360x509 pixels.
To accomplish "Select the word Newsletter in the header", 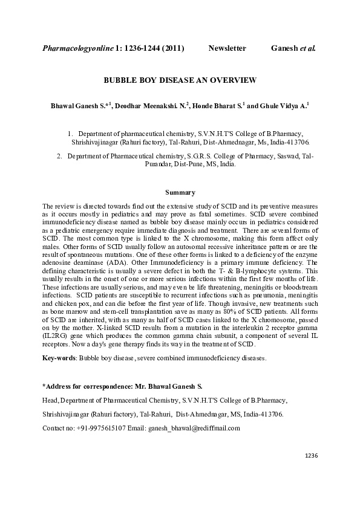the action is [x=227, y=47].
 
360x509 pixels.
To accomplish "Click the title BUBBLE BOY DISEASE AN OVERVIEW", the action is [x=180, y=80].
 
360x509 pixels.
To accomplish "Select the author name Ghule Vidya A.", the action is [x=285, y=106].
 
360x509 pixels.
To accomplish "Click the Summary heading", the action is [x=180, y=193].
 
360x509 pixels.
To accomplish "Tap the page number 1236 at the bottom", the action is [x=311, y=455].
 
